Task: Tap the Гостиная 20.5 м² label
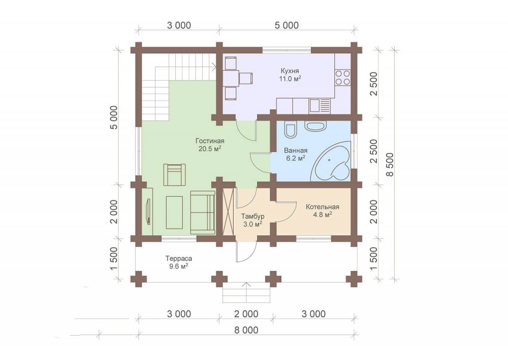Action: [210, 145]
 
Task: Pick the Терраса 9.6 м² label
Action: [178, 262]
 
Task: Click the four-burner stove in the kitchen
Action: [342, 77]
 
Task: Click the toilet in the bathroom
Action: [290, 130]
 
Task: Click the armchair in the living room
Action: [175, 175]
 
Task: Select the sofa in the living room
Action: [203, 213]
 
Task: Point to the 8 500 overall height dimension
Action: [390, 164]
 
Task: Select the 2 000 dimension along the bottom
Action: [247, 314]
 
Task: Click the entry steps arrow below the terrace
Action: [246, 292]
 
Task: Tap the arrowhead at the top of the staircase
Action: [215, 68]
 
